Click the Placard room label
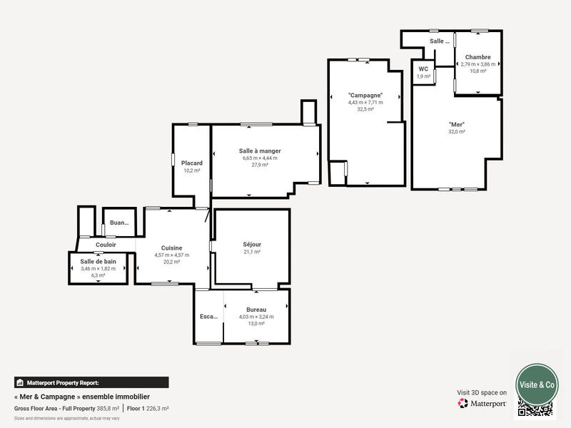click(191, 163)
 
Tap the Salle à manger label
click(259, 151)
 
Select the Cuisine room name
click(171, 248)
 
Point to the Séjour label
click(251, 245)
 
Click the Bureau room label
click(256, 310)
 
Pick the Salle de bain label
click(98, 262)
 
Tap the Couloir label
click(106, 245)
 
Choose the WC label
click(423, 69)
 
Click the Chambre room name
click(477, 57)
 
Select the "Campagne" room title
click(365, 96)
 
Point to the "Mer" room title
click(457, 124)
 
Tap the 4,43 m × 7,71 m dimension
click(365, 103)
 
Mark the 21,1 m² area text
click(251, 252)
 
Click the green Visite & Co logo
click(537, 384)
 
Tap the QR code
click(535, 409)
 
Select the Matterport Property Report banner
click(91, 382)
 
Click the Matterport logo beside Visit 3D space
click(482, 404)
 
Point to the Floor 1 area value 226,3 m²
click(157, 408)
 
